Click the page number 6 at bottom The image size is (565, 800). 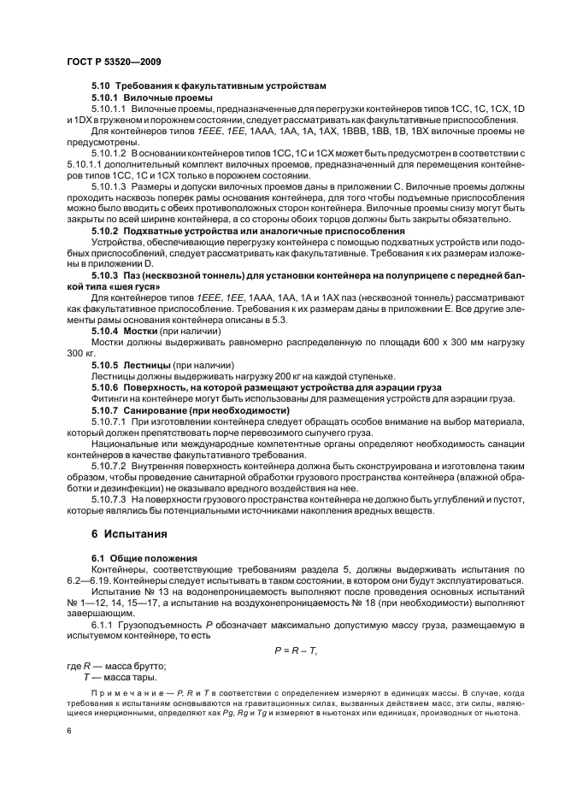click(x=68, y=731)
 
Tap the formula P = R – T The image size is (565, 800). click(x=296, y=651)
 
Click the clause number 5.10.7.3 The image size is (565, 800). click(x=109, y=498)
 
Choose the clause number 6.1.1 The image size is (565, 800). click(x=104, y=625)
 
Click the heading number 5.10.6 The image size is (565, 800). click(x=105, y=387)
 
